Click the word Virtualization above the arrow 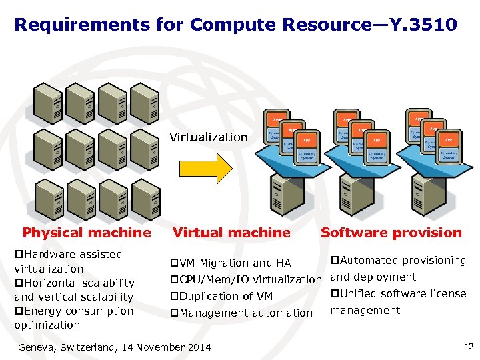tap(208, 137)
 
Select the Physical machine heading tap(87, 233)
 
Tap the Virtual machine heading tap(231, 233)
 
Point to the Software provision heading tap(391, 233)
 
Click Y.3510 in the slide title tap(425, 25)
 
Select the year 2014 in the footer tap(198, 347)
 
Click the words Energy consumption tap(77, 311)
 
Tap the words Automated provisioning tap(403, 260)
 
